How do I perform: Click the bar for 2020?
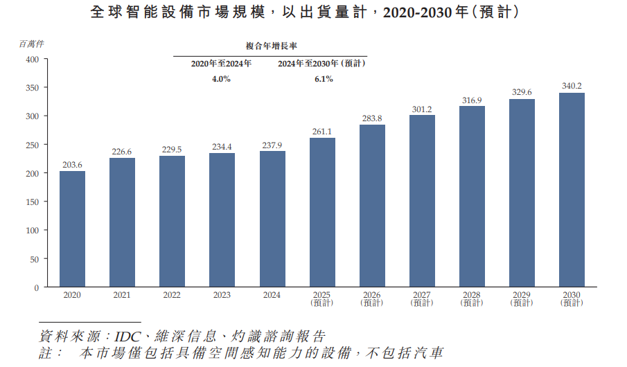coord(72,229)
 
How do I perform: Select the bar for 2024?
coord(272,219)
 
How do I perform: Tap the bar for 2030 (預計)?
coord(572,190)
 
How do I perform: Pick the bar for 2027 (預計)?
coord(422,201)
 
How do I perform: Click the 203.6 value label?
coord(72,164)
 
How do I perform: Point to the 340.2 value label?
coord(572,86)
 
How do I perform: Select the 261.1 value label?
coord(322,131)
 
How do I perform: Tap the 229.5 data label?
coord(172,149)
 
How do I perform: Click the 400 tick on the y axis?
coord(33,60)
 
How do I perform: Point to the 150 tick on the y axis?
coord(33,202)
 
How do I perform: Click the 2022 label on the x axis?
coord(172,295)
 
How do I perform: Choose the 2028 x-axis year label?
coord(472,295)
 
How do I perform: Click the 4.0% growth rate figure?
coord(221,79)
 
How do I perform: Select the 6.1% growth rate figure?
coord(323,79)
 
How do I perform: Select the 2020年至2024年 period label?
coord(222,64)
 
